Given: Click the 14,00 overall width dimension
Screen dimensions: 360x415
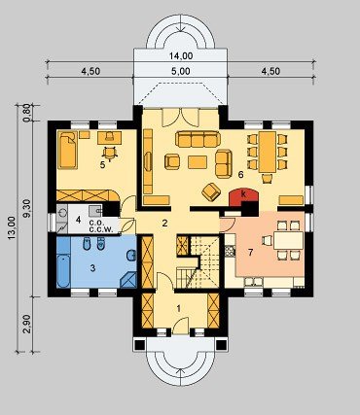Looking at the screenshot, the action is tap(181, 56).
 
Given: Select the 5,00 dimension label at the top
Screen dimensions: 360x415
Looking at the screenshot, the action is tap(181, 71).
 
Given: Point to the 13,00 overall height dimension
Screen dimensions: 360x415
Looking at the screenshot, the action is tap(12, 227).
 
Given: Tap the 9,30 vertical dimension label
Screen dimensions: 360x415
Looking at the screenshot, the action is tap(27, 208).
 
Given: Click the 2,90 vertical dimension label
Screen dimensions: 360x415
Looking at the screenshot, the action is tap(27, 324).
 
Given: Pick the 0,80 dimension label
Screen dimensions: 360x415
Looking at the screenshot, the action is tap(27, 113).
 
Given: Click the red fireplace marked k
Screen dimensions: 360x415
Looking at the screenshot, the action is tap(243, 196).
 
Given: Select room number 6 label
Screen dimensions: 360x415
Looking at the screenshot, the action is tap(240, 175).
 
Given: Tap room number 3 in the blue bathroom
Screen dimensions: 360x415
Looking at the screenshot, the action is tap(92, 268).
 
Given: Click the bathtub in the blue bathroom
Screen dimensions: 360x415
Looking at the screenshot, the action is tap(63, 271).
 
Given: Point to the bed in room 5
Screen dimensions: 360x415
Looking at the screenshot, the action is tap(68, 150).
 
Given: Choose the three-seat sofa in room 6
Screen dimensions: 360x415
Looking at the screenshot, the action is tap(198, 139).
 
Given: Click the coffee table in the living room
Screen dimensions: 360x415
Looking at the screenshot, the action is tap(198, 162).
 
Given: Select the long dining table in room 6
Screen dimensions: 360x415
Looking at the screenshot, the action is tap(268, 152).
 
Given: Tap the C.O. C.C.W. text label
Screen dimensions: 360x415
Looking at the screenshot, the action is tap(101, 226).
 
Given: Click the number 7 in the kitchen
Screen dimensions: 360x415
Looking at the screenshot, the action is tap(250, 253).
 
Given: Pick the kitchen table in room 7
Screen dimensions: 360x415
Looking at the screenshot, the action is tap(288, 240).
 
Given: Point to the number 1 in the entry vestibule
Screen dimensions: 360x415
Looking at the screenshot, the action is tap(178, 309).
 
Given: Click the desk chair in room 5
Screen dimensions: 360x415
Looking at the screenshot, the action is tap(110, 153).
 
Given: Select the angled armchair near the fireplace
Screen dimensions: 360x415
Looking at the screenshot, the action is tap(211, 191).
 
